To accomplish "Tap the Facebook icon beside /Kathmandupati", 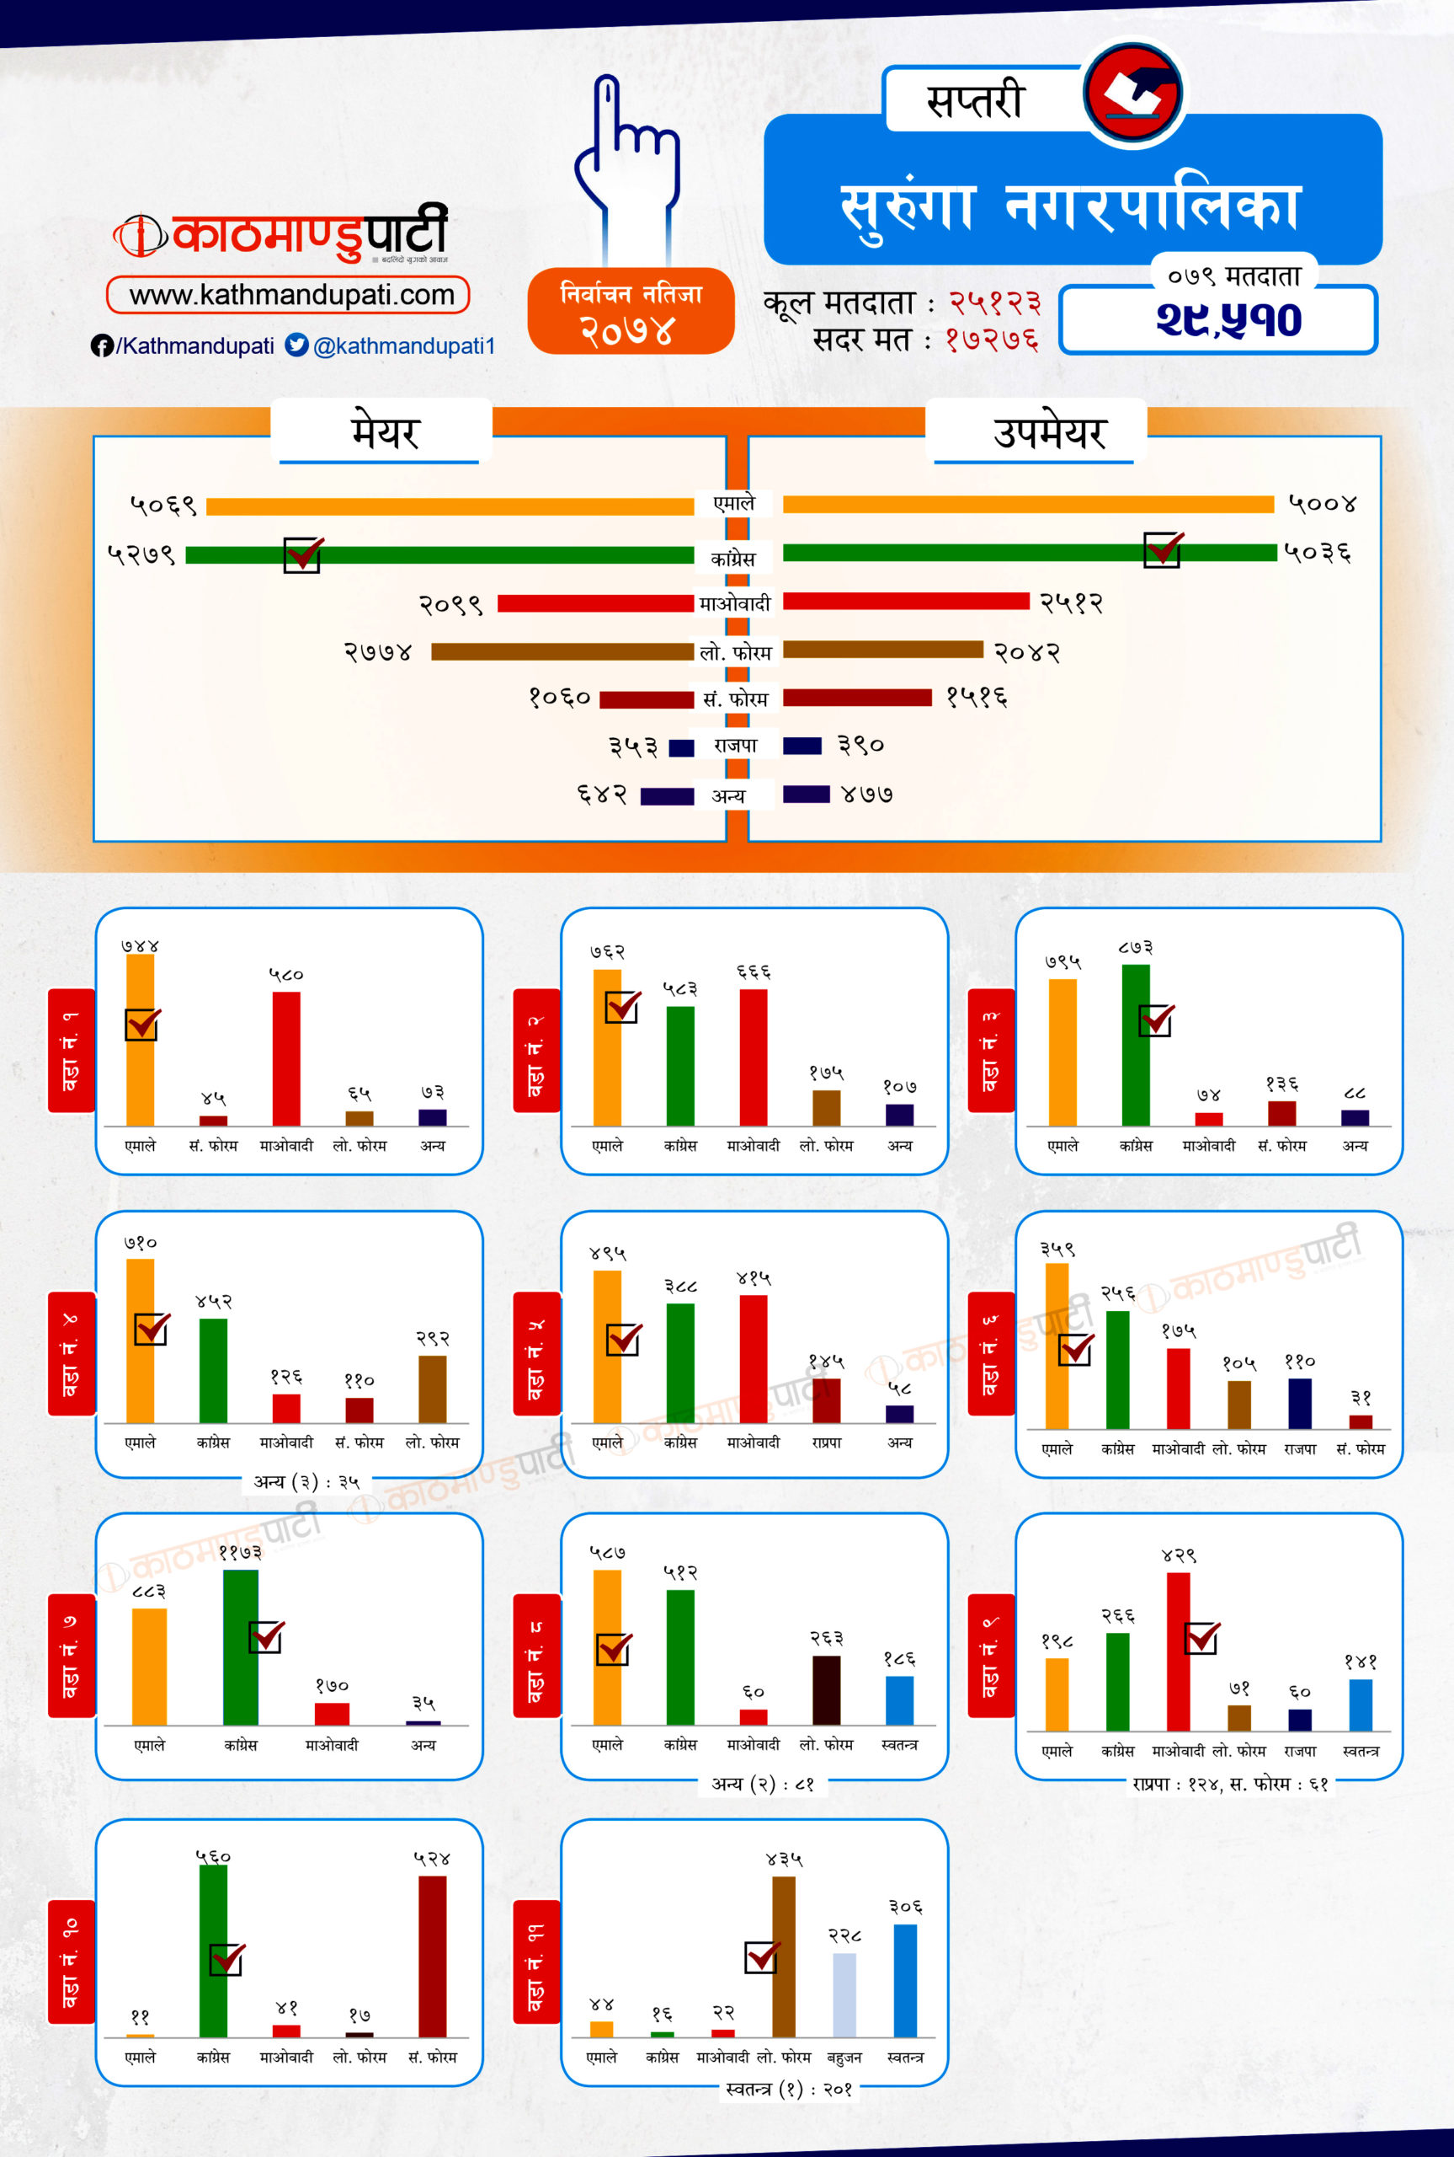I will click(101, 346).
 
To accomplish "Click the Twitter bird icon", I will click(296, 345).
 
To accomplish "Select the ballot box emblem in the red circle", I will click(1133, 93).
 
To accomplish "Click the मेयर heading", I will click(383, 432).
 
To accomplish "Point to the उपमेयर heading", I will click(1049, 432).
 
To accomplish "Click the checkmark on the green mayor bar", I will click(303, 554).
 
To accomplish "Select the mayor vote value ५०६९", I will click(164, 506).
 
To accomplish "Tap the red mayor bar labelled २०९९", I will click(594, 604).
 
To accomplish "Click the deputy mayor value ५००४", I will click(1323, 504).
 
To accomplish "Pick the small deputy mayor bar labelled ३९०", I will click(802, 746).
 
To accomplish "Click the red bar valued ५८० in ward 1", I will click(285, 1057).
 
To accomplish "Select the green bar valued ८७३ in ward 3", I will click(1135, 1045).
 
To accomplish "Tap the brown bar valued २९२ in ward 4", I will click(432, 1389).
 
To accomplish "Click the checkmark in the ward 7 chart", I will click(266, 1636).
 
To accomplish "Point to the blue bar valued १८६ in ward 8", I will click(898, 1699).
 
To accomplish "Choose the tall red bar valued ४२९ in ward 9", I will click(1178, 1651).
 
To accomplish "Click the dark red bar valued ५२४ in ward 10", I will click(432, 1956).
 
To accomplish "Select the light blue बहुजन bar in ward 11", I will click(844, 1994).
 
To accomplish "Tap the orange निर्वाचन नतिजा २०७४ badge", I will click(631, 312).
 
